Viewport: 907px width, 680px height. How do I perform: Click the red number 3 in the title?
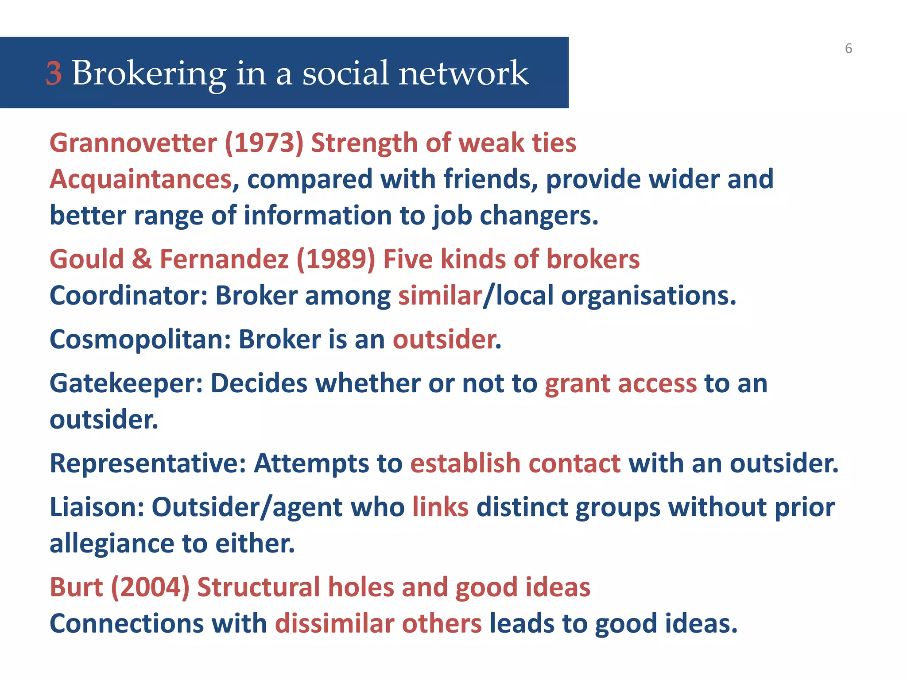pos(54,73)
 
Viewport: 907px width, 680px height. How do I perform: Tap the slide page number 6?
pos(848,48)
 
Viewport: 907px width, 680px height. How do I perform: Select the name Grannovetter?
pos(133,143)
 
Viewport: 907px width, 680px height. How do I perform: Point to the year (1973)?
pos(264,143)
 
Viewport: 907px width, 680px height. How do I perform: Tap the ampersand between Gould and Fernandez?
pos(142,259)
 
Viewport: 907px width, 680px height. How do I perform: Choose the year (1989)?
pos(336,259)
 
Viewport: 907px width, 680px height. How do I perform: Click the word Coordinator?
pos(129,295)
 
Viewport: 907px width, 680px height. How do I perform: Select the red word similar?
pos(440,295)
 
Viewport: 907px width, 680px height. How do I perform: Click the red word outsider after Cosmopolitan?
pos(444,340)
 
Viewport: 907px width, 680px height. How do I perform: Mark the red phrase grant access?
pos(621,383)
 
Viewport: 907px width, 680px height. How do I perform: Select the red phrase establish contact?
pos(516,464)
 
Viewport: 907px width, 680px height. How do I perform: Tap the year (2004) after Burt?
pos(150,587)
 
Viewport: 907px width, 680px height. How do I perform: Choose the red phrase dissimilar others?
pos(378,624)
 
